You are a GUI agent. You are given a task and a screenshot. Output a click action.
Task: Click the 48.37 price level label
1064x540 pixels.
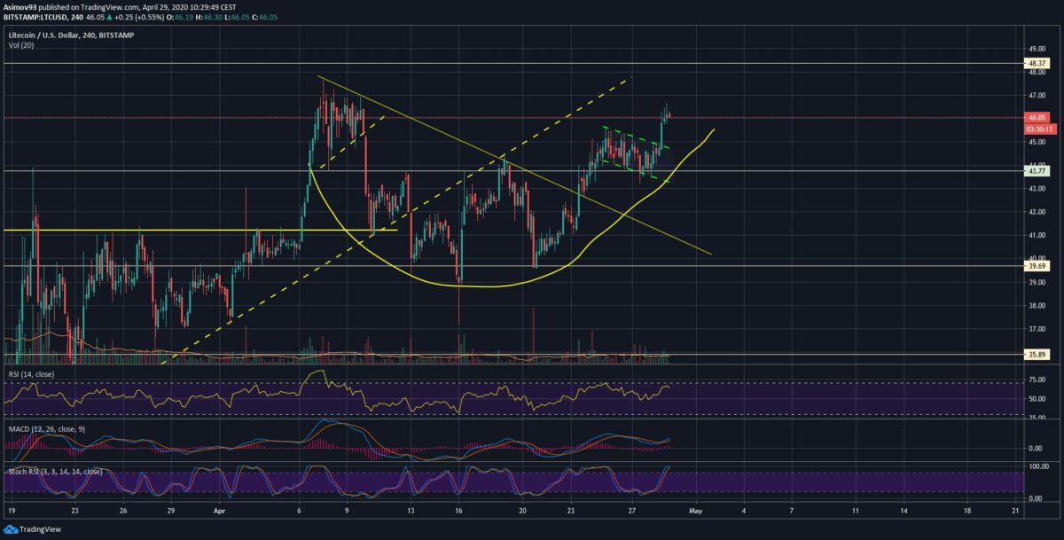[x=1038, y=64]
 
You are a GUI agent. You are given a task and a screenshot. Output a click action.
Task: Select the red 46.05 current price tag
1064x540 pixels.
[x=1038, y=117]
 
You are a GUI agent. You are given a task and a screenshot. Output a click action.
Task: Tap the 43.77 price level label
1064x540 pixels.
[x=1038, y=170]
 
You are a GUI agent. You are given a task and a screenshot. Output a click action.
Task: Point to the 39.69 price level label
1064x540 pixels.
[x=1038, y=265]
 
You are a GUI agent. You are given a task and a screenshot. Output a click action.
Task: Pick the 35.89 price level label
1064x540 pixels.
[x=1038, y=354]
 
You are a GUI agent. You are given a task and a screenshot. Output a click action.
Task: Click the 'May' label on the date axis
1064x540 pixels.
[x=696, y=512]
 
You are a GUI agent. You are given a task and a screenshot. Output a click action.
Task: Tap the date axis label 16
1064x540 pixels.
[x=458, y=512]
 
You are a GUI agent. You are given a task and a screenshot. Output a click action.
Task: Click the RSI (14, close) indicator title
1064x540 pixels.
[x=31, y=374]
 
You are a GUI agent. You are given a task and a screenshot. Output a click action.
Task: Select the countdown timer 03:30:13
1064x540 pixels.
[x=1038, y=129]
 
